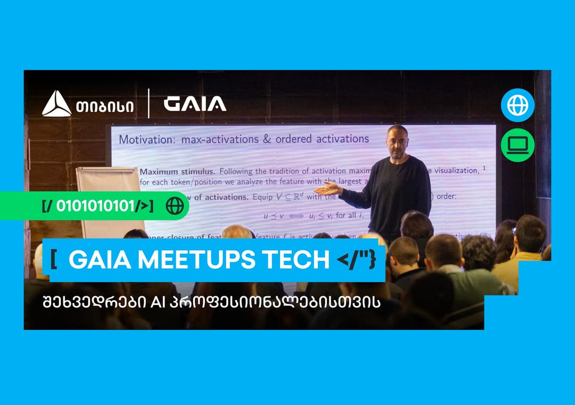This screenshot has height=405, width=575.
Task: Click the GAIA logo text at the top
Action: point(195,104)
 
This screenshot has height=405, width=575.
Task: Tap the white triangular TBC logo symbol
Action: point(56,104)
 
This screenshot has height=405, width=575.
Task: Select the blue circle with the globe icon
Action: point(517,105)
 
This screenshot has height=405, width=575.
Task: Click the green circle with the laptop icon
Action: point(517,145)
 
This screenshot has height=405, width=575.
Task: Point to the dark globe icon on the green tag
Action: point(175,205)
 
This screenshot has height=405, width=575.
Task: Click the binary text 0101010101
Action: point(97,206)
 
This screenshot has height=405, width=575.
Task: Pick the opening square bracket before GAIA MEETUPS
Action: point(54,260)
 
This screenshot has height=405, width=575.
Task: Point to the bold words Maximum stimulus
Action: point(177,171)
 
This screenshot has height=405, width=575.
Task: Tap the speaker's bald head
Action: point(397,133)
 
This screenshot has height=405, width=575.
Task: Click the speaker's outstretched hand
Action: point(326,187)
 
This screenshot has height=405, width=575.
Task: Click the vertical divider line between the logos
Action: point(149,104)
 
